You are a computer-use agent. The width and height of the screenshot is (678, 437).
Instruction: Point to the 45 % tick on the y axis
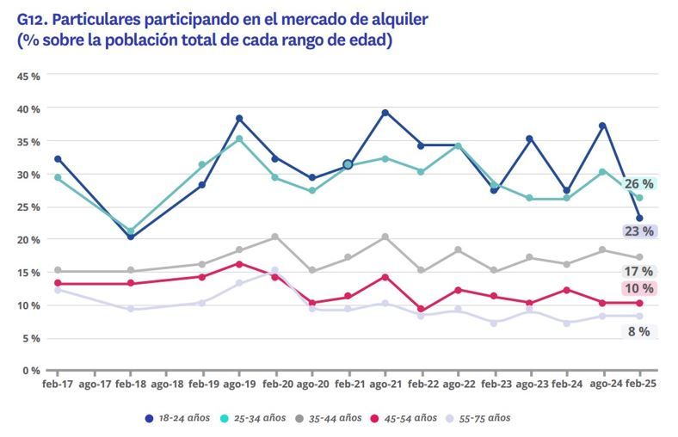pyautogui.click(x=29, y=77)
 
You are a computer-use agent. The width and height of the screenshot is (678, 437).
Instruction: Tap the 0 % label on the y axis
pyautogui.click(x=32, y=371)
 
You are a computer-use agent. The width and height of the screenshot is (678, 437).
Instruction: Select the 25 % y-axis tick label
pyautogui.click(x=29, y=207)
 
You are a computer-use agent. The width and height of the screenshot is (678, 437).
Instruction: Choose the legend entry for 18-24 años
pyautogui.click(x=177, y=418)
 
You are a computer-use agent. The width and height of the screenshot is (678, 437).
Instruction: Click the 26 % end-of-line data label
pyautogui.click(x=638, y=184)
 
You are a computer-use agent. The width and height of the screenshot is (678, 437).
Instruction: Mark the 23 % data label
pyautogui.click(x=638, y=231)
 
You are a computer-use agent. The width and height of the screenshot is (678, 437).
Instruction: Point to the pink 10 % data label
pyautogui.click(x=638, y=289)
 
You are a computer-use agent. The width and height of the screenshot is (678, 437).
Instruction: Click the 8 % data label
pyautogui.click(x=638, y=332)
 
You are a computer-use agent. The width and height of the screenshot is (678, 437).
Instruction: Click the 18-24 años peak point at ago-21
pyautogui.click(x=385, y=113)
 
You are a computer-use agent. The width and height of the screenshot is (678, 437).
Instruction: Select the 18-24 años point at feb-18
pyautogui.click(x=130, y=237)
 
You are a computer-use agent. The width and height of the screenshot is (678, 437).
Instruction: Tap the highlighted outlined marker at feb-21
pyautogui.click(x=348, y=164)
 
